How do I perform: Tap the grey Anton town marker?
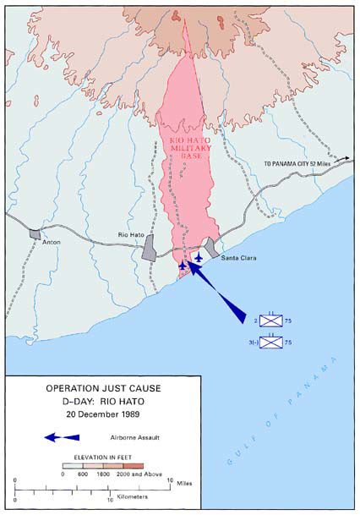click(x=34, y=233)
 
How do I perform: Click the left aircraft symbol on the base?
click(x=183, y=266)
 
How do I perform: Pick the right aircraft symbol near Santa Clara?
click(x=199, y=257)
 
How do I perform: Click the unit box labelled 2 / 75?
click(x=270, y=321)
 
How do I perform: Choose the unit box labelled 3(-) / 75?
click(x=270, y=342)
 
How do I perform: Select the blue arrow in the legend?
click(x=62, y=437)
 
